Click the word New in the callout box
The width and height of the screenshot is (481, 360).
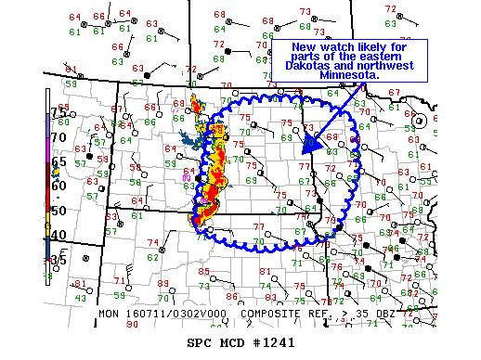pos(305,47)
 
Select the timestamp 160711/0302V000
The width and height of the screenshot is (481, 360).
pos(176,315)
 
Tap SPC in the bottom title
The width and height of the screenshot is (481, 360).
pos(201,342)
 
